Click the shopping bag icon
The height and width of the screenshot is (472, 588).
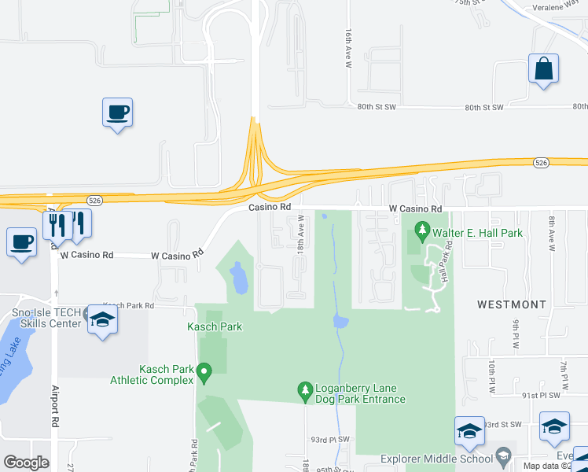click(543, 68)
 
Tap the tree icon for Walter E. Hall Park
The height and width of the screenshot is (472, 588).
click(422, 232)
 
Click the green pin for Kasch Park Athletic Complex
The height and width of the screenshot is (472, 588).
click(204, 370)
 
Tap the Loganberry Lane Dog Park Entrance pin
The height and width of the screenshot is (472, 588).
click(306, 390)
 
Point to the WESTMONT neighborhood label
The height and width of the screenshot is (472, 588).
click(512, 304)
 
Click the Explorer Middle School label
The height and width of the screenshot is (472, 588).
click(435, 459)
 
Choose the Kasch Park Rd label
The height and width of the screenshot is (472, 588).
click(128, 305)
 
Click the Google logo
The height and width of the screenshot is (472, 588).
click(26, 463)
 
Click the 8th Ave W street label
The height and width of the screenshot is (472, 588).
click(552, 234)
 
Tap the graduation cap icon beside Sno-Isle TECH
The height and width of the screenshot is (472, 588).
click(101, 319)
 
